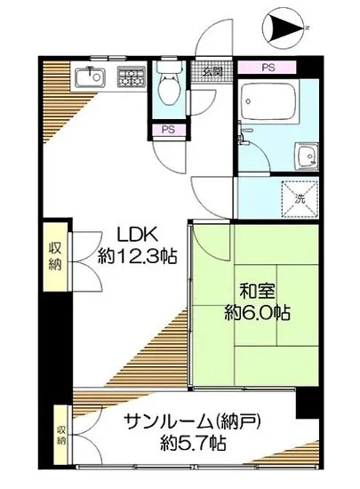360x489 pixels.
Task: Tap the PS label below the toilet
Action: (x=166, y=130)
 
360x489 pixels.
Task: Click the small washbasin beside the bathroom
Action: (x=304, y=152)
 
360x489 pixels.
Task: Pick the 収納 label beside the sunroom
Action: (x=61, y=434)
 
